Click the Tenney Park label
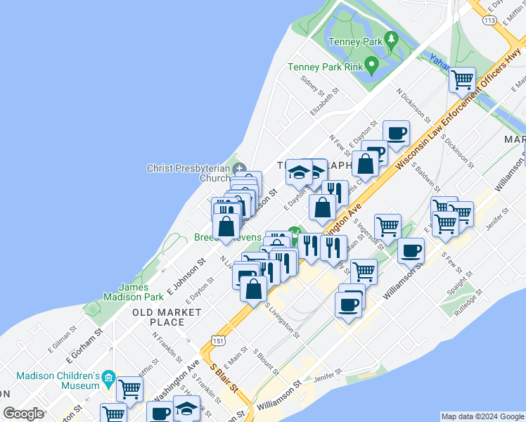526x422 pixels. pos(355,41)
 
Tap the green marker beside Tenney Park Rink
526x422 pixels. pos(373,68)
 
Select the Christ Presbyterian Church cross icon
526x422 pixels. pos(240,168)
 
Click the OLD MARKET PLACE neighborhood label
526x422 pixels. pos(158,316)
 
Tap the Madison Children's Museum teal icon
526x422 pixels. pos(108,380)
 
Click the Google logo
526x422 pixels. pos(24,414)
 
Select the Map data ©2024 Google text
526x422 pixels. pos(482,416)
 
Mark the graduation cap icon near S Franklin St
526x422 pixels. pos(186,408)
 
